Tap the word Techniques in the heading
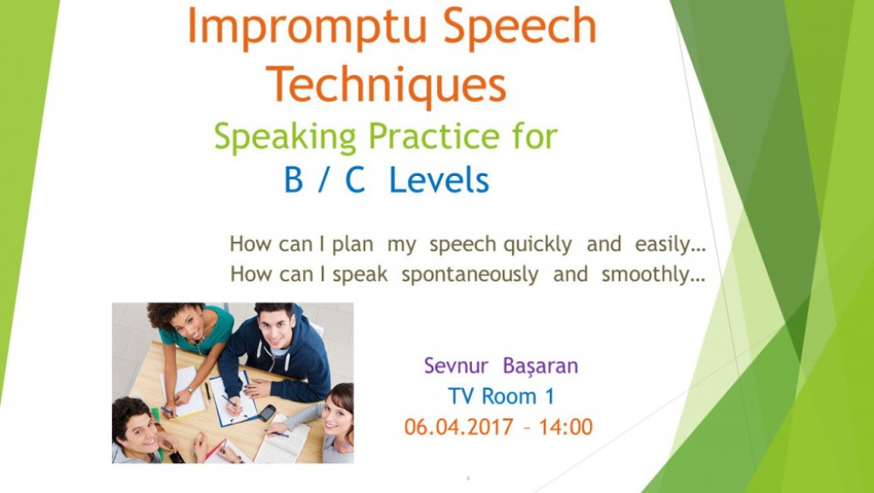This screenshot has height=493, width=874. [387, 85]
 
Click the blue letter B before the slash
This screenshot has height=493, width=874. [294, 179]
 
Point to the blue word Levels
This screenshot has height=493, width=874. [439, 179]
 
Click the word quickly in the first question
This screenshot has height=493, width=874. [538, 245]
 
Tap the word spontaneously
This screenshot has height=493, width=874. [469, 275]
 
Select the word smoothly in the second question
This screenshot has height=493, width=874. [653, 274]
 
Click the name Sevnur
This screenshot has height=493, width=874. [456, 366]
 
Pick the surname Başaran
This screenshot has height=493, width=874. [540, 367]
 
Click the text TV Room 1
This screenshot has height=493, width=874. [501, 396]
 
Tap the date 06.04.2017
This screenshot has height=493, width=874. [458, 427]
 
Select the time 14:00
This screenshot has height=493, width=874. [566, 427]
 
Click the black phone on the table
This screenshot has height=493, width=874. [267, 413]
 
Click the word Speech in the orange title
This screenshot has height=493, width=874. [520, 26]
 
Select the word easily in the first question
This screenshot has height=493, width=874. [671, 245]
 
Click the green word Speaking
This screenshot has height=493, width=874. [285, 138]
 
